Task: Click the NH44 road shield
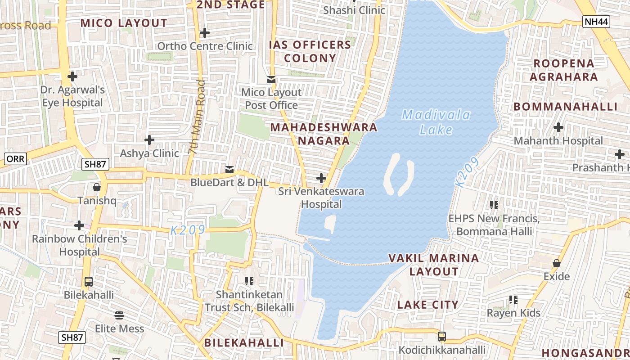click(596, 22)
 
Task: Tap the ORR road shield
click(16, 158)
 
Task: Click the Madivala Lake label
click(436, 122)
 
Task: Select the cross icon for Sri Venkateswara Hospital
click(321, 178)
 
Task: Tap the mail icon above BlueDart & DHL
click(229, 169)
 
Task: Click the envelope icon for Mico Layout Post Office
click(271, 80)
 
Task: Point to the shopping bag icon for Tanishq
click(97, 187)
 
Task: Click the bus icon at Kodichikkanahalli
click(442, 336)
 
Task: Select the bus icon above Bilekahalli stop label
click(89, 282)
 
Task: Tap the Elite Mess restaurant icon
click(119, 315)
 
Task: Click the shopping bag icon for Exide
click(557, 263)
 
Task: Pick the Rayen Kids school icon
click(513, 299)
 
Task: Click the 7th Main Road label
click(198, 117)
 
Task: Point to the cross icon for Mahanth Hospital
click(558, 127)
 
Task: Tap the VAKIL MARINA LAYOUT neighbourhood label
click(433, 265)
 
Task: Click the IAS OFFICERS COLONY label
click(310, 51)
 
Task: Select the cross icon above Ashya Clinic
click(149, 140)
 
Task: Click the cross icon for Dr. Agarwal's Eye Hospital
click(72, 76)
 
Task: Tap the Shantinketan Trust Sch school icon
click(249, 281)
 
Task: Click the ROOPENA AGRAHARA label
click(563, 70)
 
